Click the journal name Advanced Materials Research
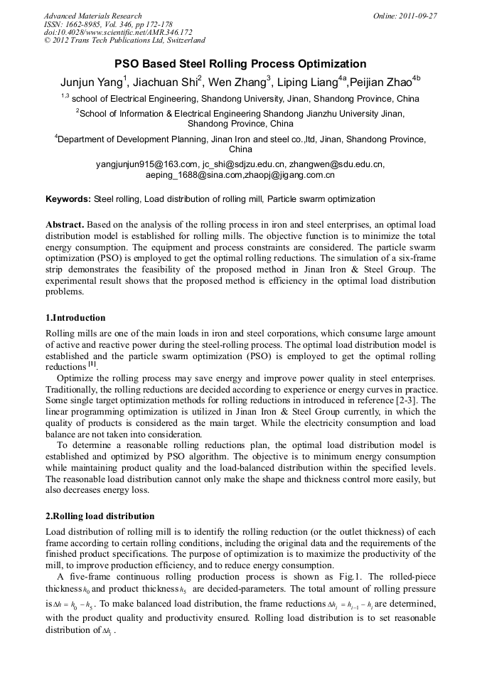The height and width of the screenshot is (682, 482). (x=92, y=16)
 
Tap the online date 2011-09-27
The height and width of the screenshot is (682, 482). (x=416, y=16)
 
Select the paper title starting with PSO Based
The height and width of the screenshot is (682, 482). (x=240, y=63)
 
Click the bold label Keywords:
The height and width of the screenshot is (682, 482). (x=68, y=199)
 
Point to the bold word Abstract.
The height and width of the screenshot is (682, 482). (x=65, y=225)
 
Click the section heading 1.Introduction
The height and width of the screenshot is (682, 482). (x=75, y=318)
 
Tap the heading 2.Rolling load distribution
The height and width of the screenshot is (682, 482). (x=100, y=516)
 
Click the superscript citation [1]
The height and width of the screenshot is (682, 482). (x=92, y=365)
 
